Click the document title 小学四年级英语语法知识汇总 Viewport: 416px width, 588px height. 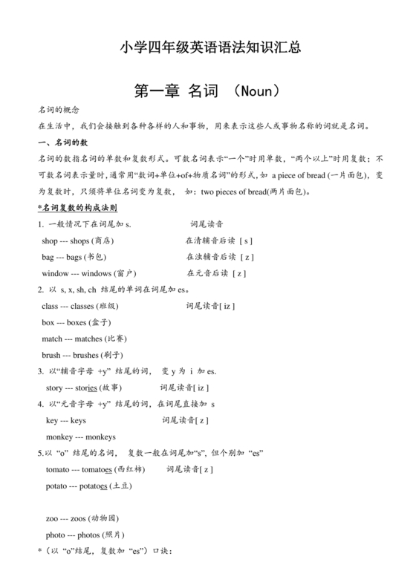tap(209, 49)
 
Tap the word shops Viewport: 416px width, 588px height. tap(78, 241)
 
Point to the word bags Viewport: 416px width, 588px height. tap(76, 257)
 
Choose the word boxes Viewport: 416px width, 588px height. tap(76, 321)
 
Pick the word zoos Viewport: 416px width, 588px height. tap(77, 518)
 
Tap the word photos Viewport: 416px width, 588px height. tap(87, 535)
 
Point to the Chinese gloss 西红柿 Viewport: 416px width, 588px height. tap(131, 469)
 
